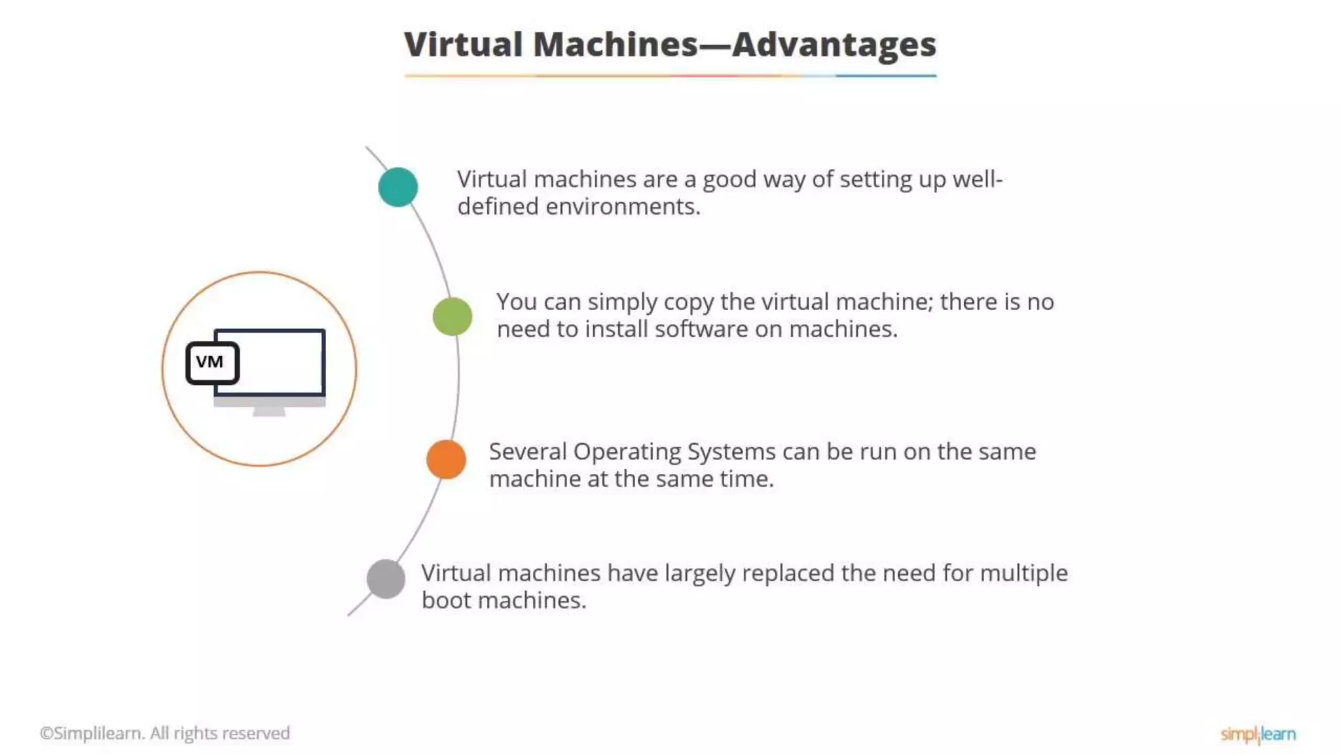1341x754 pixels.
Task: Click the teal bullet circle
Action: click(398, 187)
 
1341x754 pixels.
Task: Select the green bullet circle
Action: click(452, 317)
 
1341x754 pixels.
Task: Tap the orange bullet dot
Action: click(446, 459)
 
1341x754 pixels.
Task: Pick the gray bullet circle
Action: click(386, 579)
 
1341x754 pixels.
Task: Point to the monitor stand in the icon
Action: click(269, 412)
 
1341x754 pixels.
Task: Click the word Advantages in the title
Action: click(834, 45)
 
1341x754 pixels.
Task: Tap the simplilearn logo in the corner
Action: click(1258, 734)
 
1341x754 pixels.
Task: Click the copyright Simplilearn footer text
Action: click(164, 733)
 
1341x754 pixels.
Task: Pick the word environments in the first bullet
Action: click(623, 207)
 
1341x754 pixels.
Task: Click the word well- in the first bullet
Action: click(977, 179)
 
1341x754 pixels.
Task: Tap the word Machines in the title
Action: click(615, 45)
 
